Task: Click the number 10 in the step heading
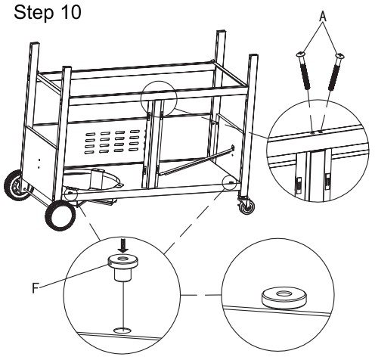71,12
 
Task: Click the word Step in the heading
33,13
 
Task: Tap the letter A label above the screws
323,17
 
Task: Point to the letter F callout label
36,288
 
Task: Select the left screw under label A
303,70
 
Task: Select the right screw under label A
336,71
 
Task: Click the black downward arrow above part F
123,246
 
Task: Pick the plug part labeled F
122,267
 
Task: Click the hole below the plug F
122,330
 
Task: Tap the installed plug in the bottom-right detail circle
284,298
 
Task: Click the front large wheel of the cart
60,215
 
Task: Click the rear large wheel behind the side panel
17,185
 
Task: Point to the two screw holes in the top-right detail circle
317,132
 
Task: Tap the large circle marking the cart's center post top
160,99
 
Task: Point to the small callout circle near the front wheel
71,194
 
